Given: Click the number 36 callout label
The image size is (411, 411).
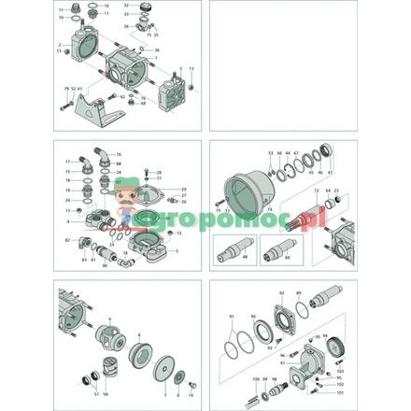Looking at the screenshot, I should pos(157,50).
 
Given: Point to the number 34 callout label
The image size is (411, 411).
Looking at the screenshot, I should pos(124,26).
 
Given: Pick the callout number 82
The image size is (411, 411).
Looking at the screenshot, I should pos(68,241).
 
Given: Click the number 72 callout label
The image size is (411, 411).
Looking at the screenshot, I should pos(316,191).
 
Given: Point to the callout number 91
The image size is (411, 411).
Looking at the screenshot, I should pos(230,318).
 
